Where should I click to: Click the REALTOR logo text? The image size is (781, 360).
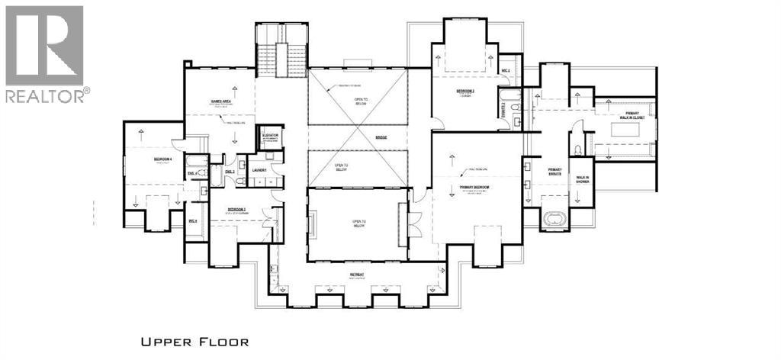click(x=47, y=95)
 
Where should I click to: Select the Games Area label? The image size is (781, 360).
click(x=210, y=101)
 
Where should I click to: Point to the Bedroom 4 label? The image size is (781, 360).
click(x=162, y=159)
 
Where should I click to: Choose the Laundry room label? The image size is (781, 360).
click(x=258, y=171)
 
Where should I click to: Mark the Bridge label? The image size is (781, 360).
click(x=381, y=137)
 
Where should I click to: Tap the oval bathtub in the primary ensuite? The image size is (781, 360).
click(x=554, y=222)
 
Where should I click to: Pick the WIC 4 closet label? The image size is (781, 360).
click(x=194, y=221)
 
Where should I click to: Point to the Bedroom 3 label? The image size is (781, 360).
click(x=465, y=91)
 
